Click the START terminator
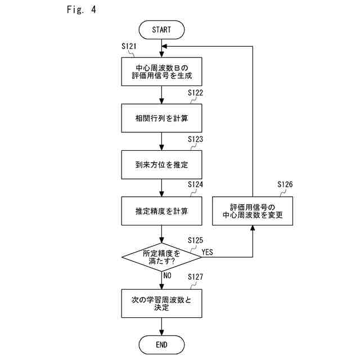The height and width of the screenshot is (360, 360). click(x=161, y=30)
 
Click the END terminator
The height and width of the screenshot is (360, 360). click(x=161, y=345)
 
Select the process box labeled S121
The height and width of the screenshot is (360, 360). click(x=161, y=71)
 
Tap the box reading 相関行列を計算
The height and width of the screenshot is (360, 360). click(x=161, y=118)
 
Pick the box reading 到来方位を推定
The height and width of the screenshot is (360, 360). click(x=161, y=165)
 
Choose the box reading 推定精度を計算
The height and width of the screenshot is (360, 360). click(x=161, y=211)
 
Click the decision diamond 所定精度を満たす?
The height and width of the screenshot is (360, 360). click(x=161, y=257)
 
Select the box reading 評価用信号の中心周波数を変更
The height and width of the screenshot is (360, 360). click(x=253, y=211)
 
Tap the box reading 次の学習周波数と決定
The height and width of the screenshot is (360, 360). click(x=161, y=304)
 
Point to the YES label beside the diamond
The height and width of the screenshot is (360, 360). click(x=208, y=252)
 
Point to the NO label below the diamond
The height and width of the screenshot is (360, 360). click(x=168, y=276)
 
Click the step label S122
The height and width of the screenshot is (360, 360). click(x=195, y=93)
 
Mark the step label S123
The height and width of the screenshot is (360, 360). click(x=195, y=139)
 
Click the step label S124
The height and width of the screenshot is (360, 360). click(x=195, y=184)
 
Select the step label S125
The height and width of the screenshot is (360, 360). click(x=195, y=240)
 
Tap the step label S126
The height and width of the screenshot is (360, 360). click(x=285, y=184)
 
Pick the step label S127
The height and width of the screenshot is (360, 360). click(x=195, y=277)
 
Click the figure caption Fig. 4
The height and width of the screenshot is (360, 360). click(x=82, y=10)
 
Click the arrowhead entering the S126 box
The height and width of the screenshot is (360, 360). click(x=253, y=228)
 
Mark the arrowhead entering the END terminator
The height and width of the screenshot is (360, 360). click(x=161, y=332)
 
